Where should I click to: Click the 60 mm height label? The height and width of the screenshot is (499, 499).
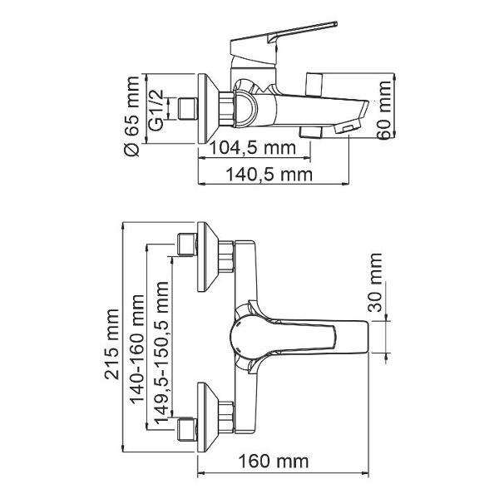pyautogui.click(x=383, y=111)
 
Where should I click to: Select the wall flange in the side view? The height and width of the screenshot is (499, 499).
pyautogui.click(x=208, y=108)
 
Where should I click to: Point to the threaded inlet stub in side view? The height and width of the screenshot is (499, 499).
pyautogui.click(x=185, y=109)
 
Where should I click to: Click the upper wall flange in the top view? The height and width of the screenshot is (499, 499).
pyautogui.click(x=209, y=258)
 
